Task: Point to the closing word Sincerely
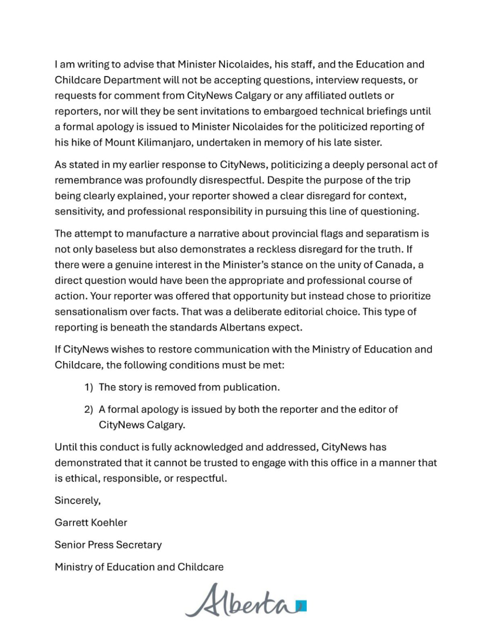click(77, 500)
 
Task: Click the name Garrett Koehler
click(91, 523)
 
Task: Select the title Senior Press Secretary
click(108, 545)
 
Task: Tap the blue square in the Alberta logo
click(301, 605)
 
